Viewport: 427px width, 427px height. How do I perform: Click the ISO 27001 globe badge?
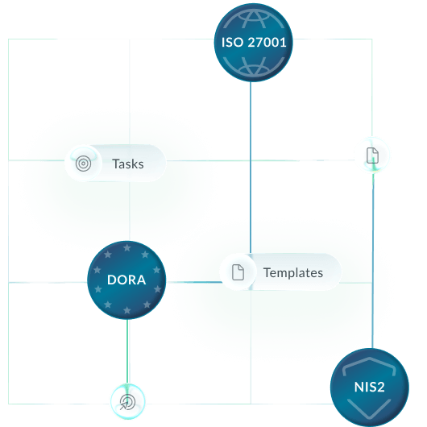point(251,43)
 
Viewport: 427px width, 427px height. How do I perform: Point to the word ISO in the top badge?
point(230,44)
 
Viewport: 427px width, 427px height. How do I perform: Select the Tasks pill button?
point(115,164)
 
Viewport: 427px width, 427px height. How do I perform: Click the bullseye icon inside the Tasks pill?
point(82,164)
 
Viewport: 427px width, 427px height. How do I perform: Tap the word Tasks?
point(128,164)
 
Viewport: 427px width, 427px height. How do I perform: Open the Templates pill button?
point(280,272)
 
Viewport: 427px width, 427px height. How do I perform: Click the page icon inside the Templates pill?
point(238,272)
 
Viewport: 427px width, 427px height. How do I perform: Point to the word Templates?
point(293,272)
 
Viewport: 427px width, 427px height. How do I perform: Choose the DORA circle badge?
point(126,280)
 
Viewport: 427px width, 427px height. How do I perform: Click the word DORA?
point(126,281)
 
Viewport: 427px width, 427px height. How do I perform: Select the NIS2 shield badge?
point(370,387)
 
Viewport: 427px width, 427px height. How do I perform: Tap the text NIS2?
point(370,386)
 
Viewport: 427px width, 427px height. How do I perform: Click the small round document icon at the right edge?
point(372,155)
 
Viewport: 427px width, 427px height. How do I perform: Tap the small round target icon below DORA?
point(127,401)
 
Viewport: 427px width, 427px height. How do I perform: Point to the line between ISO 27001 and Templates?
point(251,169)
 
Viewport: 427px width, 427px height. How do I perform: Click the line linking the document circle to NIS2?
point(374,258)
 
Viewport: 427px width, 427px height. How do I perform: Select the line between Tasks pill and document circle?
point(258,160)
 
